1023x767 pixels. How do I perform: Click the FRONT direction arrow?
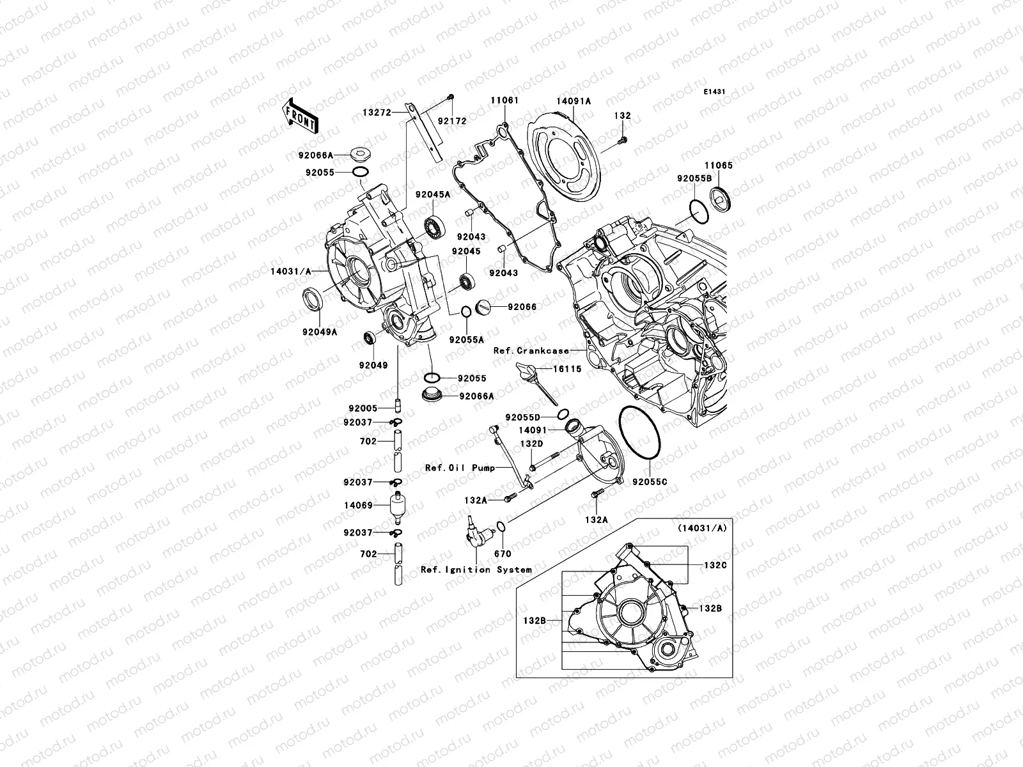[302, 115]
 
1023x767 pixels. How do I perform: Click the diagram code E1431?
[714, 92]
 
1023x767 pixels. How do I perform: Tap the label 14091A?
[573, 101]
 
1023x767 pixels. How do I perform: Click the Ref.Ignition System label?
[476, 569]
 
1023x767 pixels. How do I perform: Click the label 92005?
[363, 408]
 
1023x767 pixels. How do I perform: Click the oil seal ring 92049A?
[312, 298]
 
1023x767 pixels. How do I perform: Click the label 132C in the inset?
[715, 566]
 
